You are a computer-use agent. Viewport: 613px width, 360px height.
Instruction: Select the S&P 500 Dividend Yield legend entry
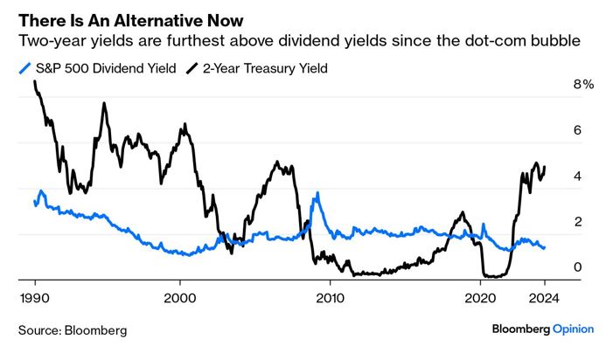(101, 67)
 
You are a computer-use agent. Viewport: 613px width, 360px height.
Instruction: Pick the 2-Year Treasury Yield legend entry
(268, 67)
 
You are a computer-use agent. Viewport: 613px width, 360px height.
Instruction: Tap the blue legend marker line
(23, 67)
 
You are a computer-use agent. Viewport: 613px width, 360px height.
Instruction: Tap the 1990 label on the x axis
(35, 296)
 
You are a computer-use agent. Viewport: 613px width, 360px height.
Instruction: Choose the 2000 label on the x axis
(180, 296)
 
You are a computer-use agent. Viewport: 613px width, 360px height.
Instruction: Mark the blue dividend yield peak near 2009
(317, 194)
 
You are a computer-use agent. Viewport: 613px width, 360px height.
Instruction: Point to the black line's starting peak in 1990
(35, 82)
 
